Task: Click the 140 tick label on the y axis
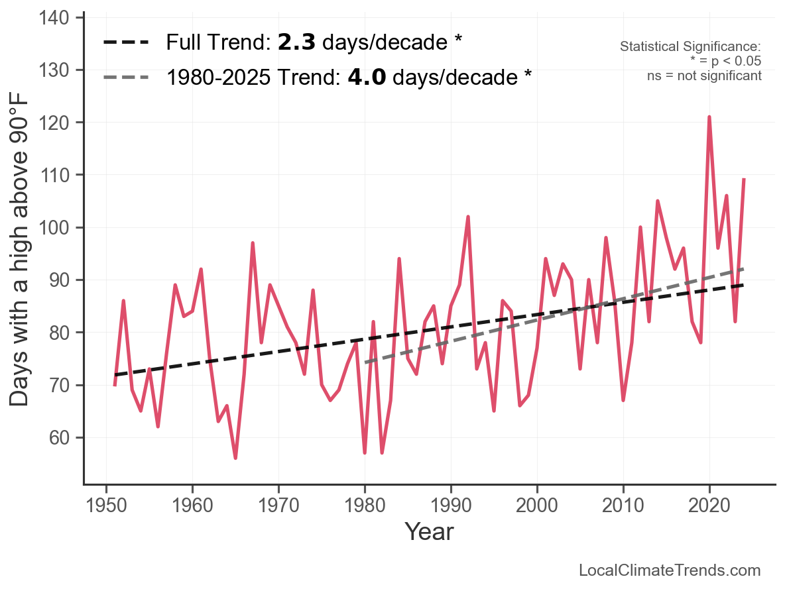(x=54, y=18)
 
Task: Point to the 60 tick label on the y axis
(x=59, y=438)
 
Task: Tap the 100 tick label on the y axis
(x=54, y=228)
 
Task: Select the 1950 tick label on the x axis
(x=106, y=506)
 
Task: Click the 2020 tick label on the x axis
(x=709, y=506)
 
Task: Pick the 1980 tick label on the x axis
(x=365, y=506)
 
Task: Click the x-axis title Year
(x=429, y=531)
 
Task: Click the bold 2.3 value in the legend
(x=296, y=42)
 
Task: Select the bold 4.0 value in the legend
(x=367, y=78)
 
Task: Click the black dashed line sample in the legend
(x=126, y=42)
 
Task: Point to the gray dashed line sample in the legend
(x=126, y=78)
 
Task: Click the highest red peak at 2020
(x=709, y=117)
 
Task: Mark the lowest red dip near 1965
(x=235, y=458)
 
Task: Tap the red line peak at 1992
(x=468, y=217)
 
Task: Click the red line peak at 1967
(x=253, y=243)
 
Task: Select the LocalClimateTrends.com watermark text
(x=670, y=570)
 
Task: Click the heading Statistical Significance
(x=690, y=46)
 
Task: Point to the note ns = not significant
(x=704, y=76)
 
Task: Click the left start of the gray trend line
(x=365, y=362)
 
